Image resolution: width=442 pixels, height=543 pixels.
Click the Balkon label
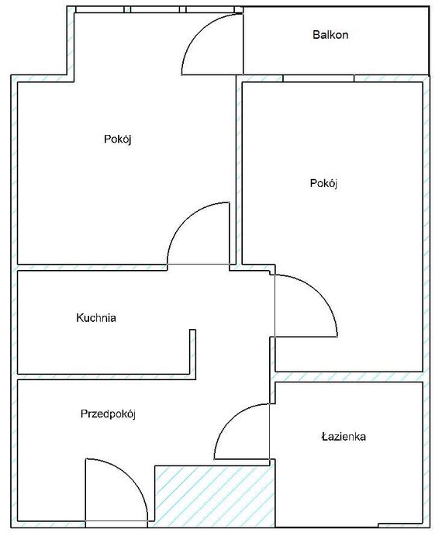coord(330,35)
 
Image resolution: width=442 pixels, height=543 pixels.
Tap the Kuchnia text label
coord(96,317)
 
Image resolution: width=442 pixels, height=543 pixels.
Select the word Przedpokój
coord(109,414)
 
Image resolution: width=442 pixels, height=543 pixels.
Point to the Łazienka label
coord(344,437)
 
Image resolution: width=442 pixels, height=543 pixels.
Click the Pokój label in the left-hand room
coord(119,140)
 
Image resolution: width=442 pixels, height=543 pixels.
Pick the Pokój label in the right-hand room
coord(324,184)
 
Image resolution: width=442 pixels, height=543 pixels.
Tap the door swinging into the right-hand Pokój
coord(306,306)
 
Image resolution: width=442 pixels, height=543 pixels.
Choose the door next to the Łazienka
coord(242,431)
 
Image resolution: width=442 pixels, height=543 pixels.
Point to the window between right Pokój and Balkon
coord(318,78)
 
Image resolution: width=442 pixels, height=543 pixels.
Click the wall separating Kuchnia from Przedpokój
coord(105,376)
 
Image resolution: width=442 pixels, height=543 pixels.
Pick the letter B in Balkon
coord(316,35)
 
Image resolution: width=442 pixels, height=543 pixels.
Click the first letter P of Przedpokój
coord(84,414)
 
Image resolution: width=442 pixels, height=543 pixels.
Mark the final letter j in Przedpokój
coord(134,415)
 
